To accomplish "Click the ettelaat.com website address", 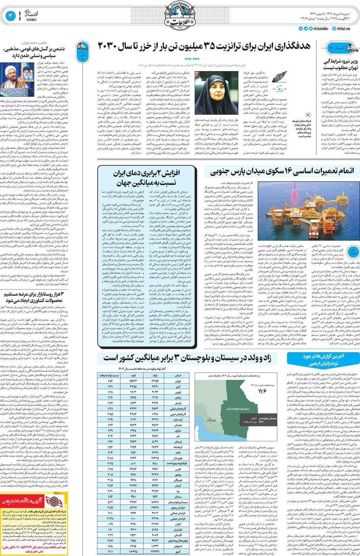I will click(343, 29).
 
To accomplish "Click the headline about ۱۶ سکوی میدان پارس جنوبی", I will click(281, 171).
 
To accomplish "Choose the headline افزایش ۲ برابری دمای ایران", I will click(146, 178).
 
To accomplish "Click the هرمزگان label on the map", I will click(211, 420).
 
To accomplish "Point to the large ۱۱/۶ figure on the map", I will click(262, 391).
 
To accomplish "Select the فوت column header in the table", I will click(133, 375).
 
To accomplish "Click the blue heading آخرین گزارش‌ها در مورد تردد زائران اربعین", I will click(323, 359).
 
